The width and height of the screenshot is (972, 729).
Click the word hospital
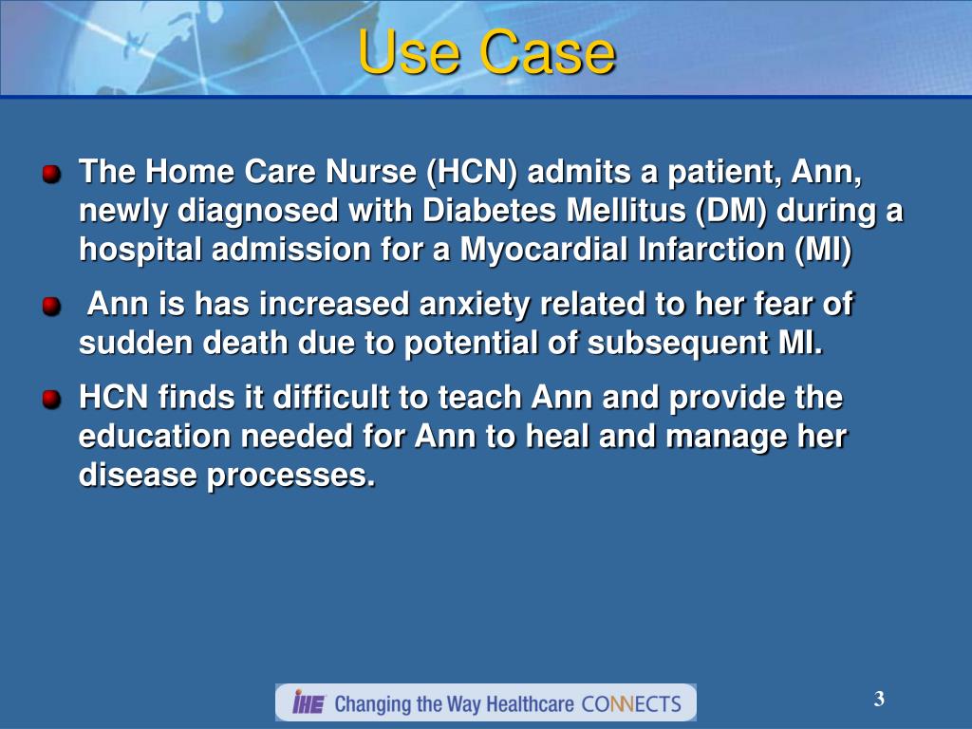(140, 250)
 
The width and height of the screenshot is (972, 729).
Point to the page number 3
(879, 701)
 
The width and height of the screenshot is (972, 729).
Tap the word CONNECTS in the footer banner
(631, 703)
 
